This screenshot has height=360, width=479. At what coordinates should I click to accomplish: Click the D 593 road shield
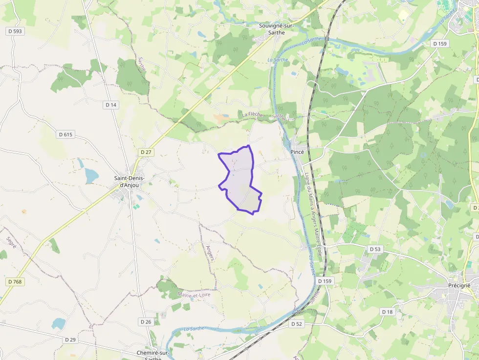[15, 31]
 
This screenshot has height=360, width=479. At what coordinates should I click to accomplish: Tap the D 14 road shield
[111, 105]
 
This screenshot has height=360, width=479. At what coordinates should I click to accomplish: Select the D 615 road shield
[65, 134]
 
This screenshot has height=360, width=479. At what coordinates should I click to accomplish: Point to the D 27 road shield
[146, 152]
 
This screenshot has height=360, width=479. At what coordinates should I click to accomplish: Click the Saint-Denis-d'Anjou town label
[129, 181]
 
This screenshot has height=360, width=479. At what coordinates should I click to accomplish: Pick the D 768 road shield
[16, 282]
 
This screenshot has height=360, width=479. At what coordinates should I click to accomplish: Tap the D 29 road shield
[70, 339]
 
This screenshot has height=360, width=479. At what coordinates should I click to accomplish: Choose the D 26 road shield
[146, 322]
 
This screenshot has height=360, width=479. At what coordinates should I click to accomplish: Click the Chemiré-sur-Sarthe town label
[153, 355]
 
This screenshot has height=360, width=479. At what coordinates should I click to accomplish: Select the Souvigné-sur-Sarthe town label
[275, 29]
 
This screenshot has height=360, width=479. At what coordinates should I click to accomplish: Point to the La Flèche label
[253, 115]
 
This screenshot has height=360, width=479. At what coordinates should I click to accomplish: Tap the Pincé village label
[297, 152]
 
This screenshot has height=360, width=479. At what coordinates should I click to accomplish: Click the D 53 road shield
[375, 249]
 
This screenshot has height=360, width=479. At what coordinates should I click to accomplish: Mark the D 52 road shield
[297, 324]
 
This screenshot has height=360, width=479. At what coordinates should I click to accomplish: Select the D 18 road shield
[387, 312]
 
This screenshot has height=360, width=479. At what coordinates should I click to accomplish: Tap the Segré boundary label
[11, 242]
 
